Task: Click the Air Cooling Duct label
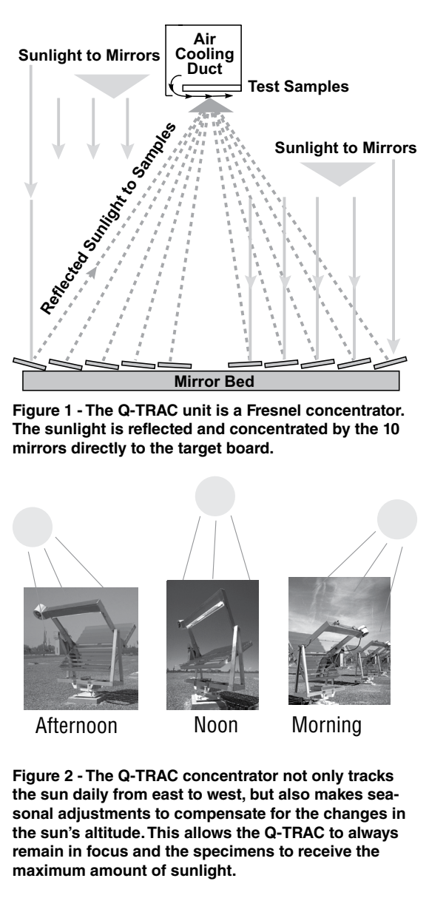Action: [x=204, y=54]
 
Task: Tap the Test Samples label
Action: [x=298, y=87]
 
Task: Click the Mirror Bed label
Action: [x=214, y=381]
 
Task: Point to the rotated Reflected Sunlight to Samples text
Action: [x=108, y=218]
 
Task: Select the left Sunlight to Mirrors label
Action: [x=89, y=55]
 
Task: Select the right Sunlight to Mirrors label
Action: [x=345, y=148]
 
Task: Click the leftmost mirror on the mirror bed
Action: [x=30, y=364]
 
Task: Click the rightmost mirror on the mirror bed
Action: [x=390, y=362]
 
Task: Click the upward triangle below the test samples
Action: [x=211, y=106]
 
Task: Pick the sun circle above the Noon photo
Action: [x=215, y=496]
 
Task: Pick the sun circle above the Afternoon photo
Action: [x=33, y=527]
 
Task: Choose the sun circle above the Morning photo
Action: [x=397, y=519]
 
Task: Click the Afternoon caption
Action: [x=76, y=726]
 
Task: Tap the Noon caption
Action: [x=216, y=725]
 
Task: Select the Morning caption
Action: [x=326, y=726]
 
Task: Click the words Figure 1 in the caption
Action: [x=41, y=411]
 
